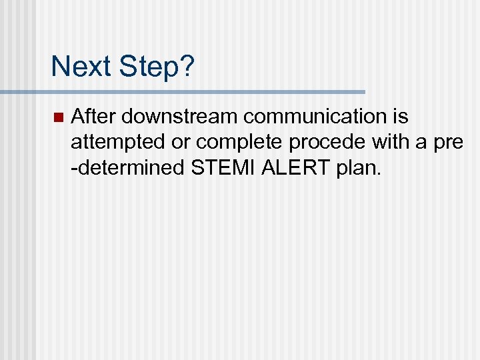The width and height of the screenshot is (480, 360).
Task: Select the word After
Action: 93,117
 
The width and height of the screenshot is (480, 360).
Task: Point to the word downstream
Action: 180,117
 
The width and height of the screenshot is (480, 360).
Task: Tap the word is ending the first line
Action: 401,117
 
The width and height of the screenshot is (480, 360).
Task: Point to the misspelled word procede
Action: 317,143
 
